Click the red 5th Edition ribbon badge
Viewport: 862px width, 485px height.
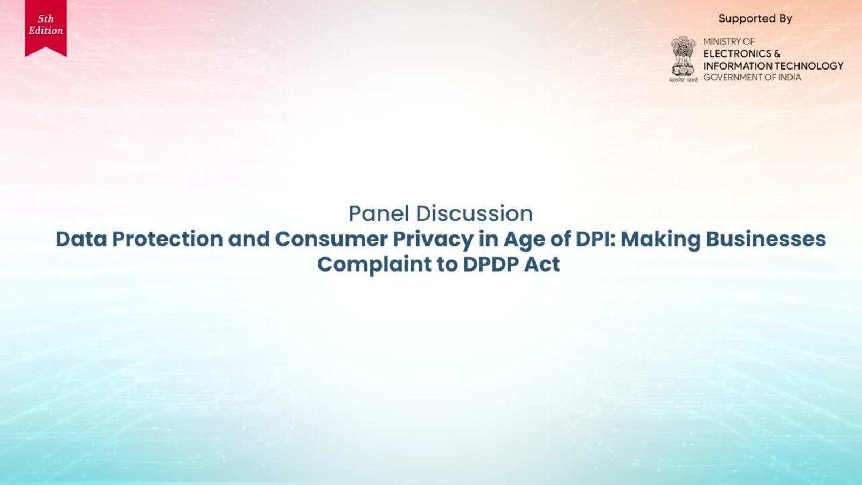(46, 27)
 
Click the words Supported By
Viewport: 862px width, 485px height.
(755, 18)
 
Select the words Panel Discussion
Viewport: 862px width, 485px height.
(441, 213)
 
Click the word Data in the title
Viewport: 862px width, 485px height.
(81, 239)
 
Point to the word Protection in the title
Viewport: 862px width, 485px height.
(168, 239)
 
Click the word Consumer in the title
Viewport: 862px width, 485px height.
(331, 239)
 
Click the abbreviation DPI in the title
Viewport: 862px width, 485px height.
(595, 239)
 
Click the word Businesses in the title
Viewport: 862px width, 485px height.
(766, 239)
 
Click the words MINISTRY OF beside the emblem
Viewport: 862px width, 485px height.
(729, 41)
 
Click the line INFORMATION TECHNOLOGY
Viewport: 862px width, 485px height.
(773, 66)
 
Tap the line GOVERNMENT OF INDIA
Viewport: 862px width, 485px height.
(752, 78)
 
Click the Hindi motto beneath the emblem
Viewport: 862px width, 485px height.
(684, 80)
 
